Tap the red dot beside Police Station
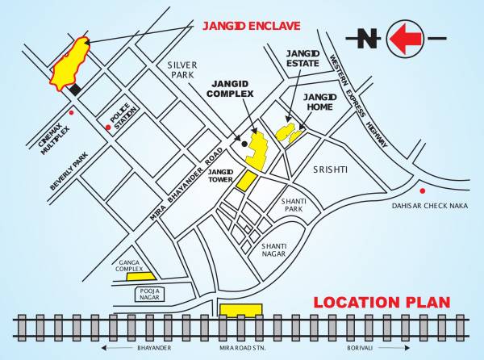pyautogui.click(x=108, y=127)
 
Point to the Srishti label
pyautogui.click(x=330, y=170)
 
